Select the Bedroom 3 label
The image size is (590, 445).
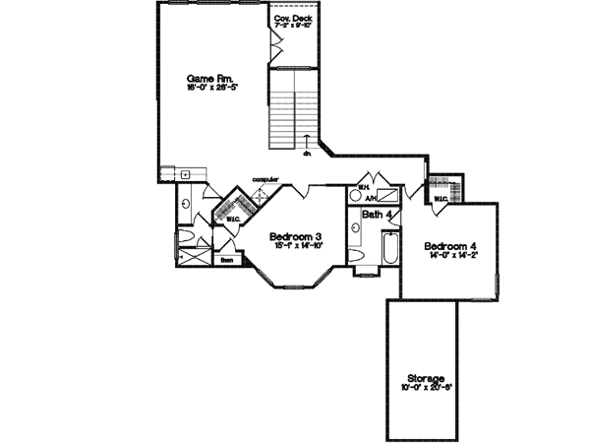(296, 237)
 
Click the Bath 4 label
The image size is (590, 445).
(378, 214)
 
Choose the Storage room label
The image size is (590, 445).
(427, 378)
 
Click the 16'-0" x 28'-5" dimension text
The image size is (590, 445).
(213, 88)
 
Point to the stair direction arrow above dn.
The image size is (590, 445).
(307, 139)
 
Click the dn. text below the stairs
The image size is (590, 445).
(307, 154)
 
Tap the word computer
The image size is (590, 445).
(265, 178)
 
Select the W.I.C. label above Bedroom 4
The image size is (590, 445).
(440, 199)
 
